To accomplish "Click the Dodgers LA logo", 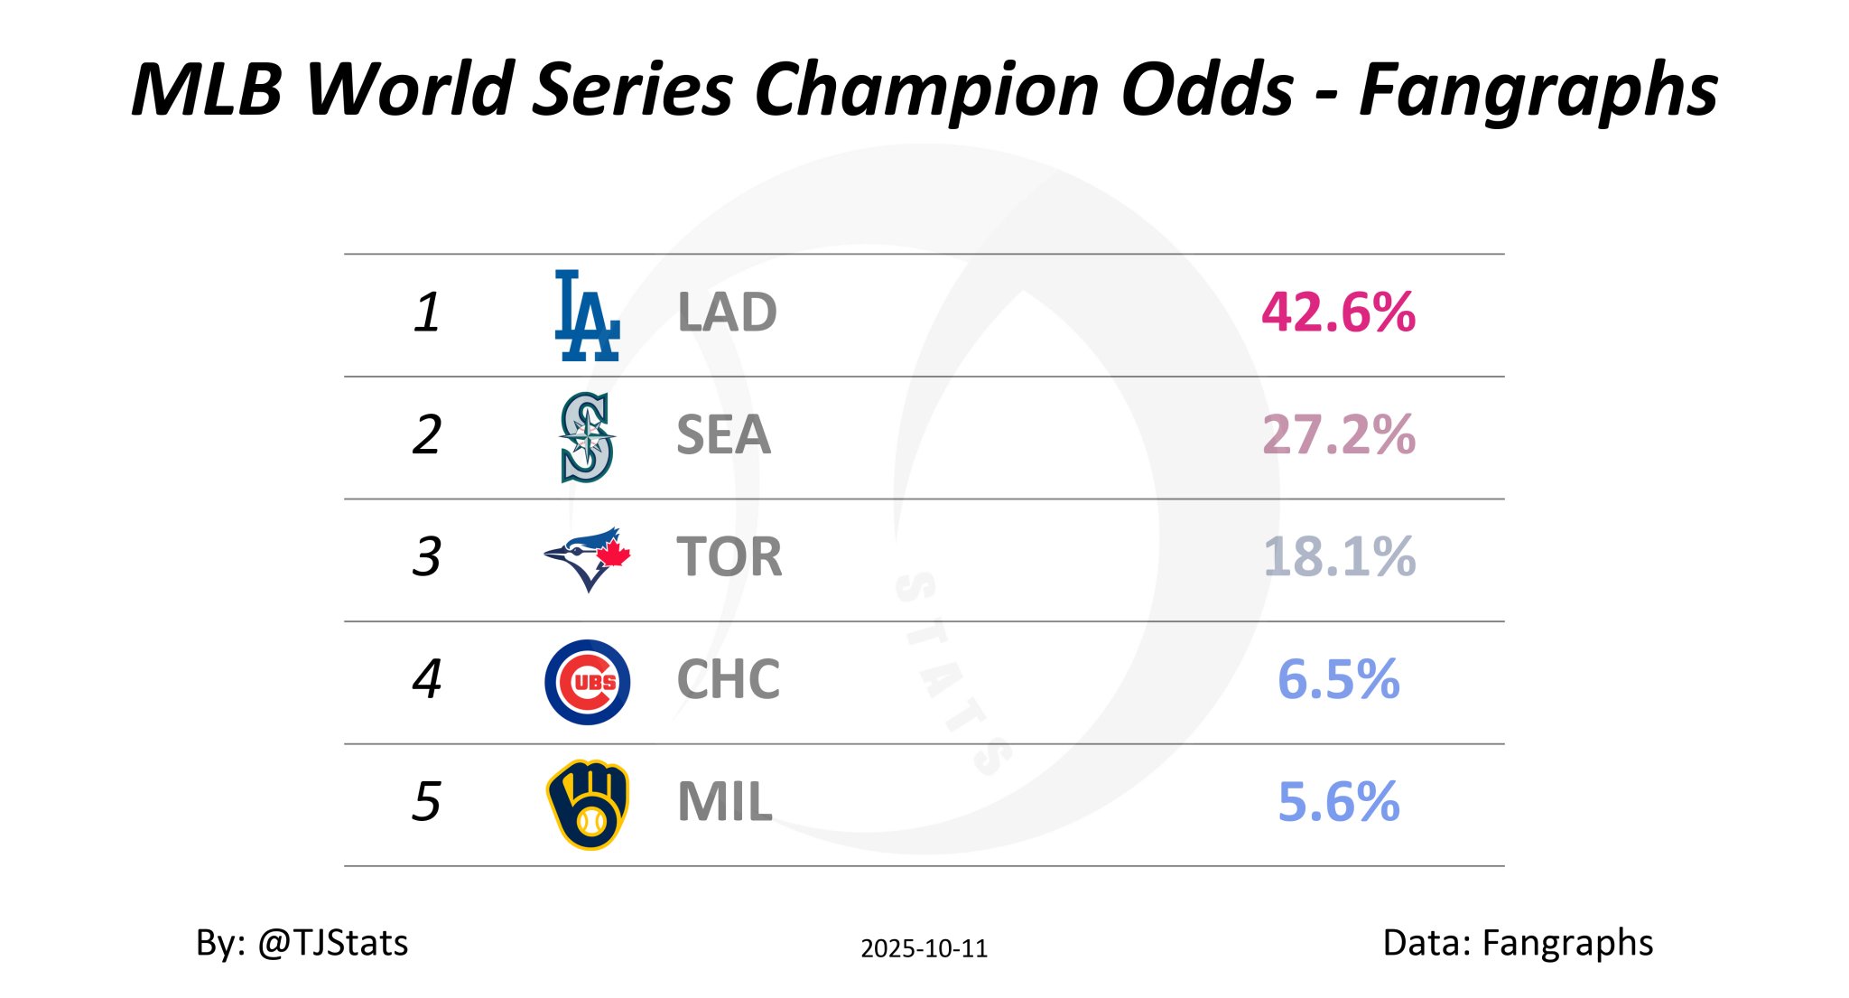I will pos(587,315).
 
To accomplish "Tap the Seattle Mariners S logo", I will pos(587,437).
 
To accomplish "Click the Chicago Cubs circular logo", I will pos(587,682).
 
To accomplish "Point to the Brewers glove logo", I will pos(588,804).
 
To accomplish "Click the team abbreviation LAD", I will pos(727,313).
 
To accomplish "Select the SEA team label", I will pos(723,435).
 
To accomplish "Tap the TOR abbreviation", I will pos(729,557).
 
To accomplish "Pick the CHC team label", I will pos(728,680).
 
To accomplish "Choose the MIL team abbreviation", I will pos(724,802).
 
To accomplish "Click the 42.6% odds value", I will pos(1338,313).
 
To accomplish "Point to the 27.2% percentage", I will pos(1338,435).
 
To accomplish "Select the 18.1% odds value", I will pos(1338,557).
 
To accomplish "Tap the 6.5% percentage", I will pos(1338,680).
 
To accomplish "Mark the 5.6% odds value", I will pos(1338,802).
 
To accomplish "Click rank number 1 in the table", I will pos(426,313).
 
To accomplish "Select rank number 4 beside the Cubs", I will pos(426,680).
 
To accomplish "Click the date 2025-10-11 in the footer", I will pos(924,948).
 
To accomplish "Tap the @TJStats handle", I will pos(332,943).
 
